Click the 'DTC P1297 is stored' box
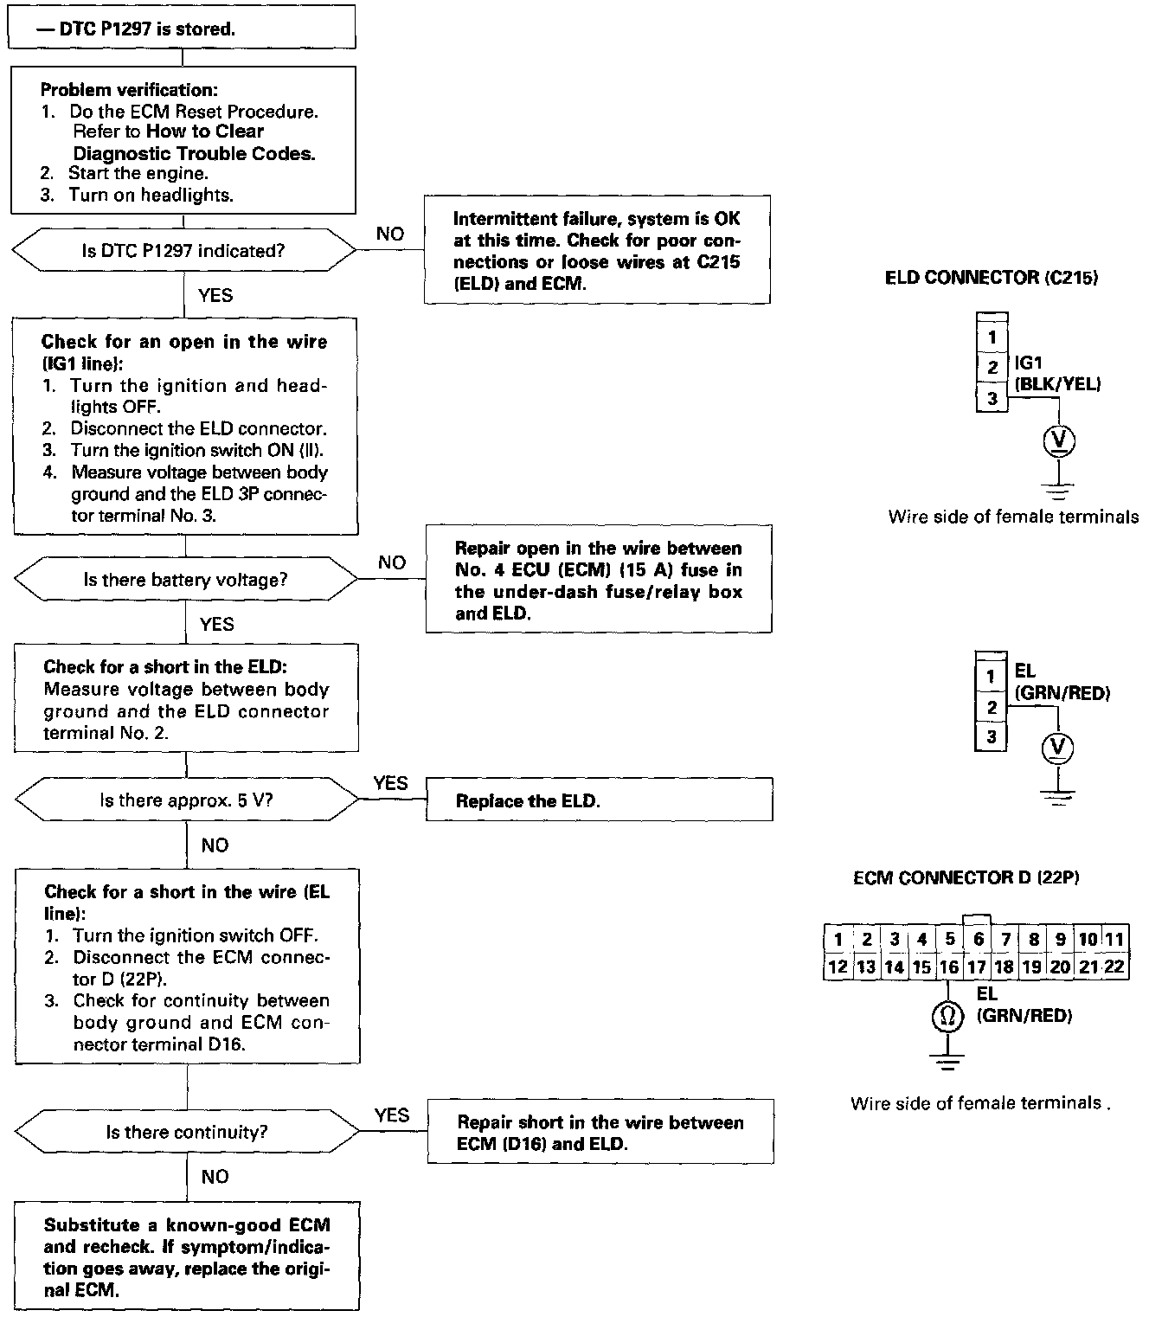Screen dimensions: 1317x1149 182,29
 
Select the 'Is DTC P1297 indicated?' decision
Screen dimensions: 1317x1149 183,251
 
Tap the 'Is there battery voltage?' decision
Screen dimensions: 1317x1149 185,579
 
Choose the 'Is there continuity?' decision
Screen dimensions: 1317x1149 187,1132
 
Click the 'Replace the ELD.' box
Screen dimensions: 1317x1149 599,800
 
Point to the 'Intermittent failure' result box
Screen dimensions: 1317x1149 596,251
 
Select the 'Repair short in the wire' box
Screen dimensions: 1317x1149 600,1133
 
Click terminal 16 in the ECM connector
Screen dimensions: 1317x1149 949,967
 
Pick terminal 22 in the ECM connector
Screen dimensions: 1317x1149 1114,967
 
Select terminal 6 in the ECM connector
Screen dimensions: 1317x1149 978,939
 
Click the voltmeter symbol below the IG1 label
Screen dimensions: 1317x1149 1058,442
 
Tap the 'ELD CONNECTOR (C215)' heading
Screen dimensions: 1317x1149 991,278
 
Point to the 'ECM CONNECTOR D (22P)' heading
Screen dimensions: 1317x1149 966,878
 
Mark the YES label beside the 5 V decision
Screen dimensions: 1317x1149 390,783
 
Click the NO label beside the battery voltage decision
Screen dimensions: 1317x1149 391,562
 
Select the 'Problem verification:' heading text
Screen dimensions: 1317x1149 130,90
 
